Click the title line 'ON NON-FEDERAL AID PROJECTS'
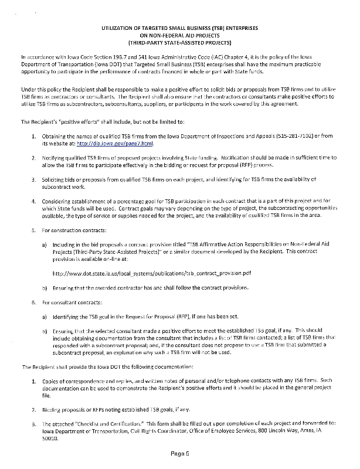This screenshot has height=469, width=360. coord(179,35)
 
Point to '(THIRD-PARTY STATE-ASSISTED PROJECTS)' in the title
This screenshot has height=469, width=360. coord(179,43)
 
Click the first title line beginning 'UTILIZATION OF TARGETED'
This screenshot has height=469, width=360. coord(179,28)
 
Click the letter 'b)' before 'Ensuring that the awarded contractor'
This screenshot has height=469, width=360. coord(44,288)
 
